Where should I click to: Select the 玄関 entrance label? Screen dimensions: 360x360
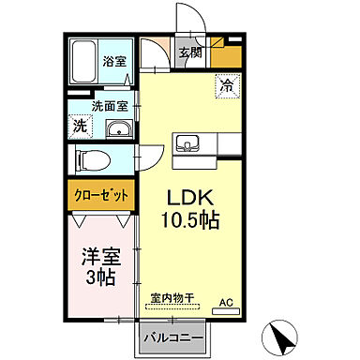191,53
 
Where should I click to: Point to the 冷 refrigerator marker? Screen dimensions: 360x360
228,85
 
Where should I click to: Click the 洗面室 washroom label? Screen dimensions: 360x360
109,107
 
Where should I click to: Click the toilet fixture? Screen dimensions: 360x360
89,159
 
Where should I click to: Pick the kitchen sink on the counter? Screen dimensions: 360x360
187,145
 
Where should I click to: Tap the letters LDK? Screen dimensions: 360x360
195,200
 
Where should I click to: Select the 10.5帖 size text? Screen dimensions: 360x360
195,222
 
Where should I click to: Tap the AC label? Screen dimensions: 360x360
225,302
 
